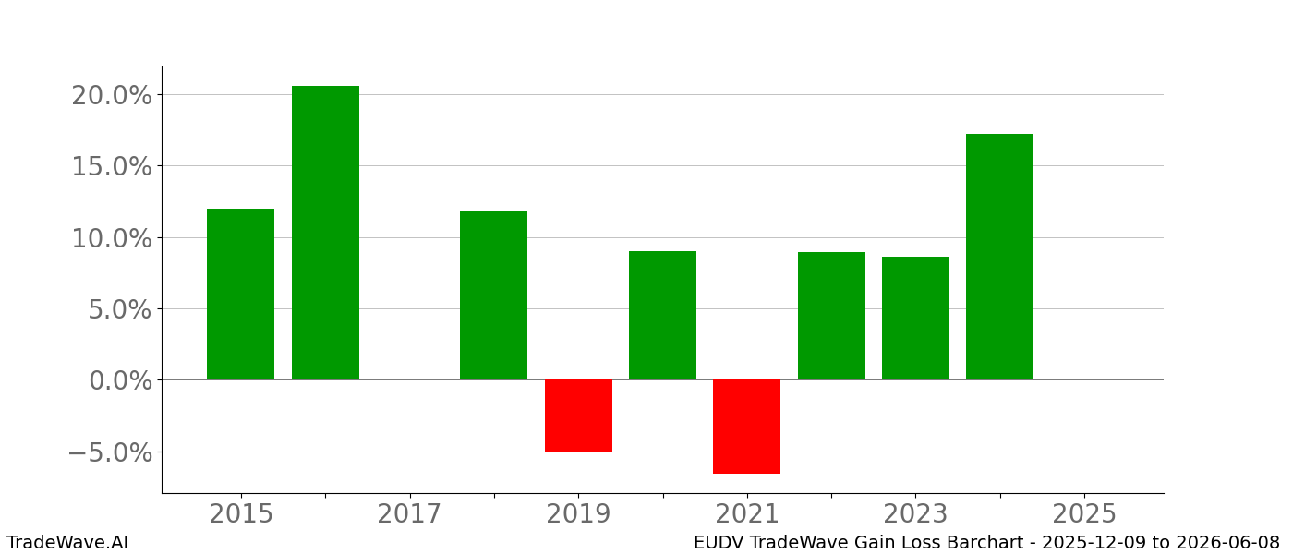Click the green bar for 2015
click(240, 294)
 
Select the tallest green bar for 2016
click(325, 233)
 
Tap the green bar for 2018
click(493, 295)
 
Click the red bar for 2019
click(578, 415)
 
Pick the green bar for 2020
click(662, 315)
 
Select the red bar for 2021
click(746, 427)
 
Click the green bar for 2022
click(831, 316)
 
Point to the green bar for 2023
click(915, 318)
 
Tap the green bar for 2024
click(999, 257)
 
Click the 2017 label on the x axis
click(409, 514)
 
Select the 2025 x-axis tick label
click(1084, 514)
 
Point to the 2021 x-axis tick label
click(746, 514)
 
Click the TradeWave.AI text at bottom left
click(67, 543)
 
